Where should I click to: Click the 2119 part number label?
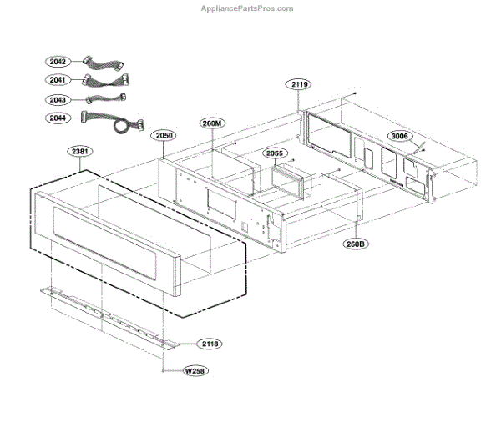[x=300, y=84]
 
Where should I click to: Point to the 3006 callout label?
[x=400, y=136]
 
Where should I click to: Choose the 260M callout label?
[x=212, y=123]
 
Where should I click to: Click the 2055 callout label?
[x=276, y=153]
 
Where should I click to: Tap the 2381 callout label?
[x=81, y=152]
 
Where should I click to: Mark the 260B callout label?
[x=357, y=244]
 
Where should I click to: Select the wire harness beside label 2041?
[x=107, y=81]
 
